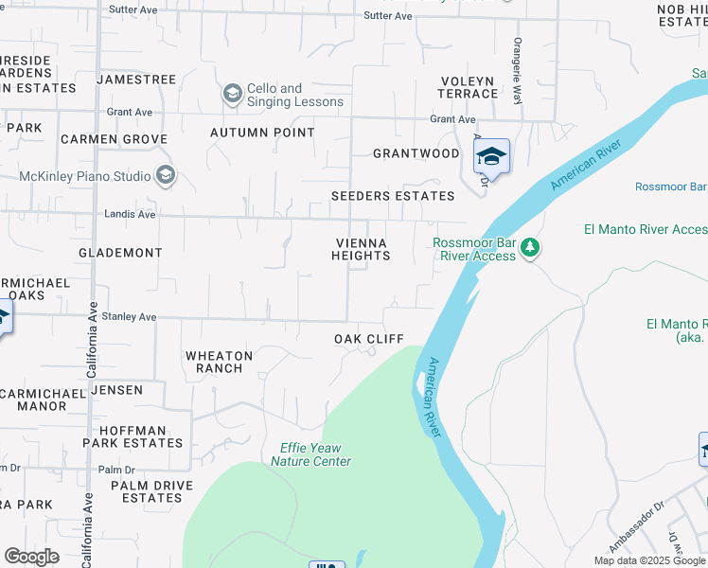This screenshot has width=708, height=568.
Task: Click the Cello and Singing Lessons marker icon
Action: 232,95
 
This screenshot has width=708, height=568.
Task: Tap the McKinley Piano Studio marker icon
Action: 167,176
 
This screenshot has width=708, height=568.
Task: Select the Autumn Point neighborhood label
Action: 262,133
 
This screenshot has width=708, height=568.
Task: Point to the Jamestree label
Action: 136,80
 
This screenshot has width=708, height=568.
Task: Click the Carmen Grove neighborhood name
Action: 114,139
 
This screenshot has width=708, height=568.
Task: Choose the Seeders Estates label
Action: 393,196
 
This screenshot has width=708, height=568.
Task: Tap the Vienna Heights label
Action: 361,249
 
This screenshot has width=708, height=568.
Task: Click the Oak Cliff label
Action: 368,339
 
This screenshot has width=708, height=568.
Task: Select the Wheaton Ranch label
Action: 219,362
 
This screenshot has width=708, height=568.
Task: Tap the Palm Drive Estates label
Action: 151,491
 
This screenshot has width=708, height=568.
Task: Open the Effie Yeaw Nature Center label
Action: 310,454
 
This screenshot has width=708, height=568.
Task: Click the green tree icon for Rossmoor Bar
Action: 531,248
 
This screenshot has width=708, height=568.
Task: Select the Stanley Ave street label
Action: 130,317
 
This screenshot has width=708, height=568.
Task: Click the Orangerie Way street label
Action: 518,59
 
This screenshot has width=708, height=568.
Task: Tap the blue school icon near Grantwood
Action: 491,155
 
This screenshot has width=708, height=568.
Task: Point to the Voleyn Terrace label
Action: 468,87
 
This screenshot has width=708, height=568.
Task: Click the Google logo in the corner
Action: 31,557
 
